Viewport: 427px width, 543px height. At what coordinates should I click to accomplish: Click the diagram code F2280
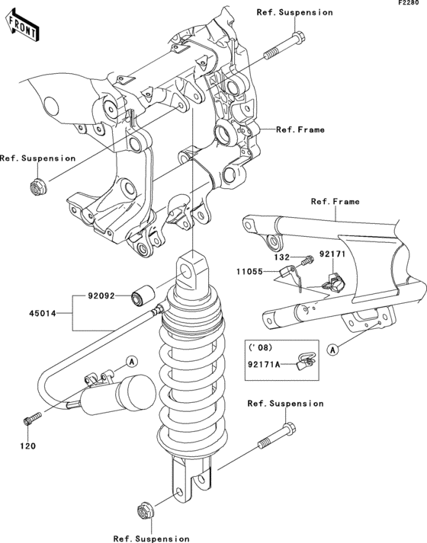point(409,5)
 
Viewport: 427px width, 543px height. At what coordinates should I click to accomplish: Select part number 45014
point(43,313)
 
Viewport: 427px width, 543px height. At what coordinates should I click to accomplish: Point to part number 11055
point(252,270)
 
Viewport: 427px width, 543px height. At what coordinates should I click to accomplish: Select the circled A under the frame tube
point(332,350)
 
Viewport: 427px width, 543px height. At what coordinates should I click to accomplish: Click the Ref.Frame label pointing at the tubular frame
point(335,202)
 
